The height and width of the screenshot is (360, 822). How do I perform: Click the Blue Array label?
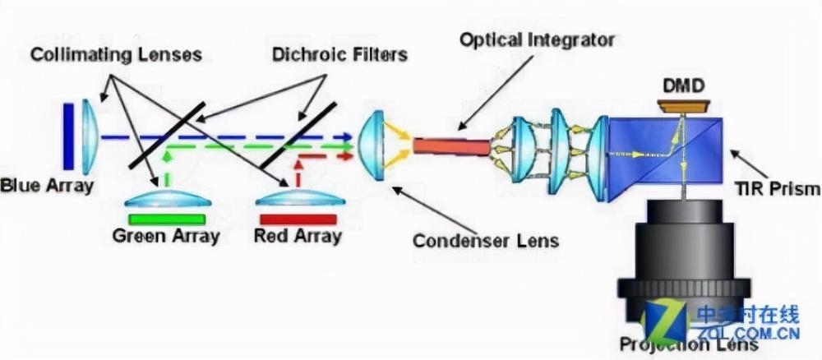pyautogui.click(x=47, y=186)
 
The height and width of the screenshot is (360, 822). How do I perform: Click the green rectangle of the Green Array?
pyautogui.click(x=167, y=219)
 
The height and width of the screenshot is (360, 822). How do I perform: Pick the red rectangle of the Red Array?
pyautogui.click(x=298, y=219)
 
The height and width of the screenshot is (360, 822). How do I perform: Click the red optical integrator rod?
pyautogui.click(x=450, y=146)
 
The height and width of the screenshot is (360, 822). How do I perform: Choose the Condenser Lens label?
pyautogui.click(x=485, y=241)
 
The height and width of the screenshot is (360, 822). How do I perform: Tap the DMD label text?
pyautogui.click(x=683, y=85)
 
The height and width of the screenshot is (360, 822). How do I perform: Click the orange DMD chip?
pyautogui.click(x=683, y=105)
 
